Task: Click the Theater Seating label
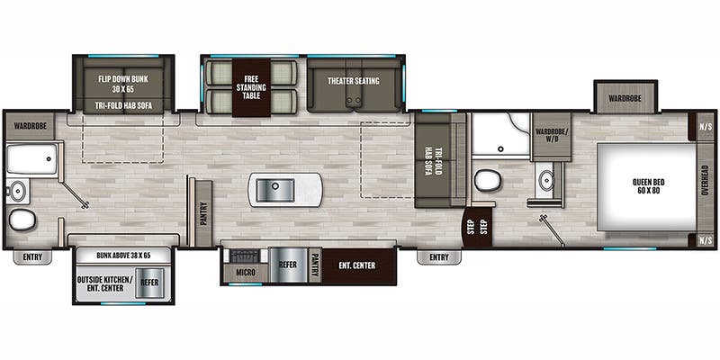(x=353, y=81)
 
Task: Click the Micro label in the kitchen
(x=244, y=271)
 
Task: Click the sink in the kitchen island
(x=273, y=189)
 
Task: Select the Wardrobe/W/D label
(x=550, y=136)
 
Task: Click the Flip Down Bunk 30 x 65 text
(x=123, y=84)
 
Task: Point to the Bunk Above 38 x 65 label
(x=123, y=255)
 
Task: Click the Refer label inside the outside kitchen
(x=148, y=282)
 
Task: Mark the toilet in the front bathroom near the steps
(x=488, y=180)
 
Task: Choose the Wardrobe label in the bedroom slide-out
(x=623, y=97)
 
